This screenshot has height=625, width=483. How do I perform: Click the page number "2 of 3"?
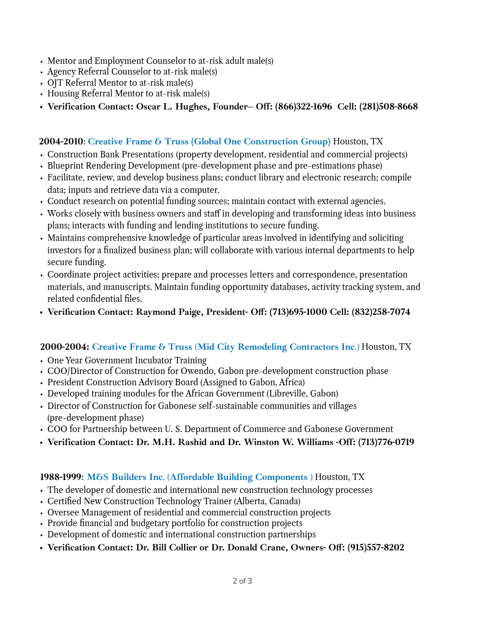[242, 581]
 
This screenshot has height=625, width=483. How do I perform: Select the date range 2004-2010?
[61, 142]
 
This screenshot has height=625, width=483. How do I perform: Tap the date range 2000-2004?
[65, 347]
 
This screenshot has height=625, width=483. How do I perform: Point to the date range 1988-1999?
[60, 478]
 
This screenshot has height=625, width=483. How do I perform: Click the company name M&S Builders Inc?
[125, 478]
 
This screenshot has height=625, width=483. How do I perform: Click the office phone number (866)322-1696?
[303, 107]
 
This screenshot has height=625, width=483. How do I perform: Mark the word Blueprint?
[67, 166]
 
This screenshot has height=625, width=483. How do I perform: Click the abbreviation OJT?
[55, 83]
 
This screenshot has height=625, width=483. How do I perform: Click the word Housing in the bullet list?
[63, 94]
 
